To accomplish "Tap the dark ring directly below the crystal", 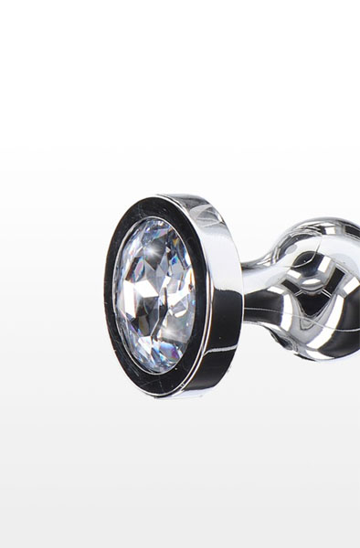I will pos(155,380).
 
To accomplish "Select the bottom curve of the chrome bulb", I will pos(324,352).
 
